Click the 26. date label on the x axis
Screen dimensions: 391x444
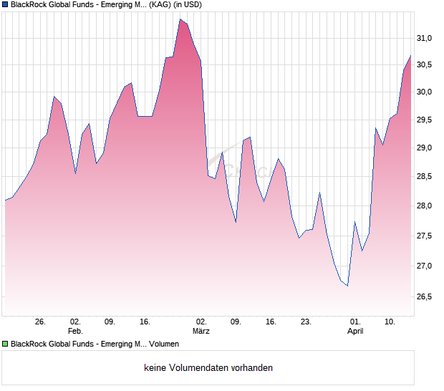coord(40,322)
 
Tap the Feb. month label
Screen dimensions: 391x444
coord(75,332)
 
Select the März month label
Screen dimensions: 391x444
coord(201,332)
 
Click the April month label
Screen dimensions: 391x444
coord(355,332)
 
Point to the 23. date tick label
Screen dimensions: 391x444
coord(306,322)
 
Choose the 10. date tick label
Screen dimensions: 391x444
coord(390,322)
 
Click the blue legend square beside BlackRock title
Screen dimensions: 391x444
coord(6,5)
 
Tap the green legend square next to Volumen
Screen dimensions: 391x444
coord(6,344)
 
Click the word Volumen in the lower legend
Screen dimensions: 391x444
coord(163,344)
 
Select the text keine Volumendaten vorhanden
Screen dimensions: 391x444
coord(208,368)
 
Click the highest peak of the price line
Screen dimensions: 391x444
coord(180,19)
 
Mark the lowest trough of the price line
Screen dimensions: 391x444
coord(347,286)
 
